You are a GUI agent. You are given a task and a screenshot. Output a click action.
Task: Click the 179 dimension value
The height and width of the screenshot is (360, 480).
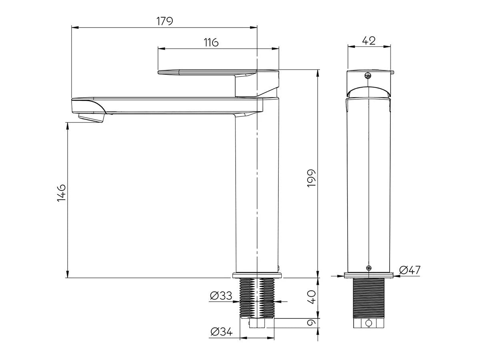pyautogui.click(x=165, y=21)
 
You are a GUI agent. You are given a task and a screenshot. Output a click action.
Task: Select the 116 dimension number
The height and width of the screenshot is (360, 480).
pyautogui.click(x=211, y=42)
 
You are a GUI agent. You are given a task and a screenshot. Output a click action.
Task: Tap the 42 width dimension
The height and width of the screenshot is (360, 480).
pyautogui.click(x=369, y=41)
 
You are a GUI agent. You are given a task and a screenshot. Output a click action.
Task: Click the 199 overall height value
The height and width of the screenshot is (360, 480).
pyautogui.click(x=312, y=178)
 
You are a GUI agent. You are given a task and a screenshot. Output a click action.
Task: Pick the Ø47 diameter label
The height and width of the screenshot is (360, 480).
pyautogui.click(x=410, y=270)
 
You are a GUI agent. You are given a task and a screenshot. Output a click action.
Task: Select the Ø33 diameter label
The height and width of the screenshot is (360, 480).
pyautogui.click(x=221, y=296)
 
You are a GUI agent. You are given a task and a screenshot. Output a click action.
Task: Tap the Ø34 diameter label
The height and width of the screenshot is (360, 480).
pyautogui.click(x=221, y=332)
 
